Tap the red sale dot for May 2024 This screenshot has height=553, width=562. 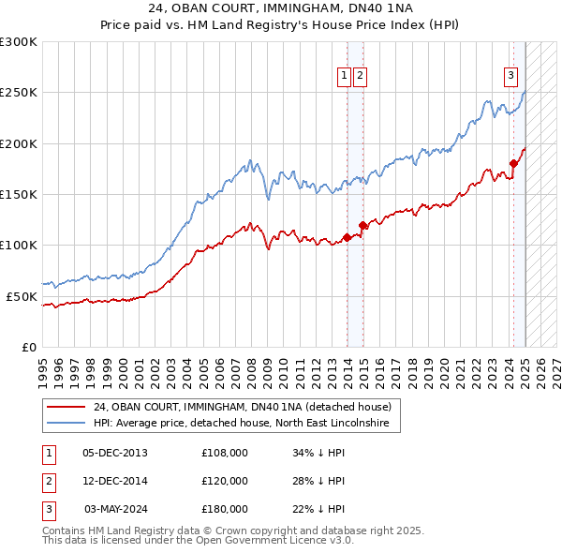click(513, 163)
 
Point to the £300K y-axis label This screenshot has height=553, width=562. click(19, 42)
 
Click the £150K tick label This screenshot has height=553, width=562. click(19, 195)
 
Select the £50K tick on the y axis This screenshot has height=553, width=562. click(22, 296)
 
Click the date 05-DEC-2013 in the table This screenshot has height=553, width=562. click(115, 453)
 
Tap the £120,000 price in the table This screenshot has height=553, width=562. click(225, 481)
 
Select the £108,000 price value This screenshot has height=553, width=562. click(225, 453)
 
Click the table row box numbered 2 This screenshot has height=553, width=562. click(48, 481)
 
